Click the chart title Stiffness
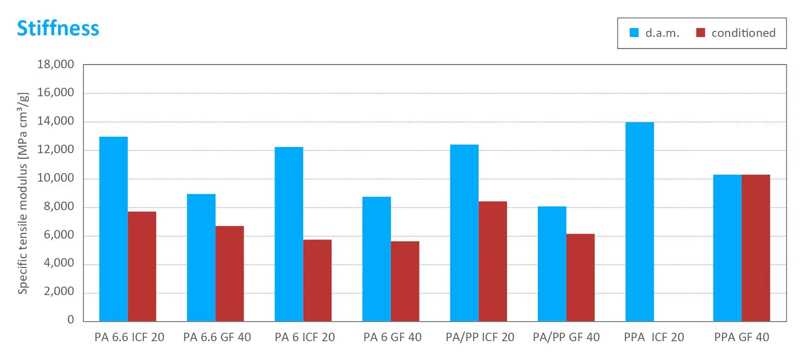58,29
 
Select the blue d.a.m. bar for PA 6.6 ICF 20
113,229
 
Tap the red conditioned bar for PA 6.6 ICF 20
142,266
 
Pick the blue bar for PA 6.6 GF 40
201,258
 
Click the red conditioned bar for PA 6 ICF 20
317,280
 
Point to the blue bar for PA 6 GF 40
377,259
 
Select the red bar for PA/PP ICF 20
493,261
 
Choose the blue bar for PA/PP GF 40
552,264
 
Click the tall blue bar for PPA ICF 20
639,222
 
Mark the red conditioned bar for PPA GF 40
756,248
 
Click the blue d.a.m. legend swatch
634,33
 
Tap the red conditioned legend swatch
700,33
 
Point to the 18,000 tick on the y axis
55,64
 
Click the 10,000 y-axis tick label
55,178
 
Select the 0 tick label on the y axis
71,320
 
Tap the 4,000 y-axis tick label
59,263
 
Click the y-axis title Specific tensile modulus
23,193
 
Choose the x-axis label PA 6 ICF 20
305,337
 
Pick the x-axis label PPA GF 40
742,337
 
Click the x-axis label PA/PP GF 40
566,337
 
